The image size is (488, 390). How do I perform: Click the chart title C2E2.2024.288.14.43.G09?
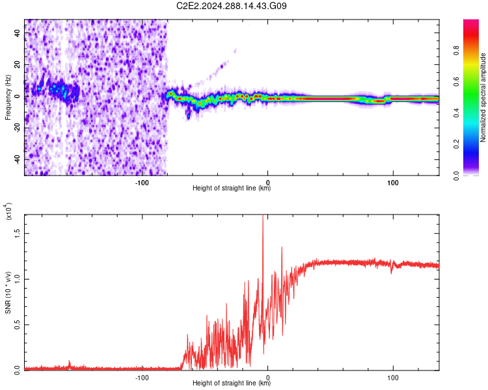[x=232, y=6]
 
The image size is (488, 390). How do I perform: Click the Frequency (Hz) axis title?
[x=8, y=97]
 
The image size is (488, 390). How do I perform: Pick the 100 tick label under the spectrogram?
[x=392, y=183]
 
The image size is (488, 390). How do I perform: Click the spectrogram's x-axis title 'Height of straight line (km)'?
[x=232, y=189]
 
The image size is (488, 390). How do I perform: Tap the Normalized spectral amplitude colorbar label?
[x=483, y=97]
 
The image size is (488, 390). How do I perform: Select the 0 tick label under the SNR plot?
[x=267, y=377]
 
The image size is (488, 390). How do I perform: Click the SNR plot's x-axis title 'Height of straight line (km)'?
[x=232, y=383]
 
